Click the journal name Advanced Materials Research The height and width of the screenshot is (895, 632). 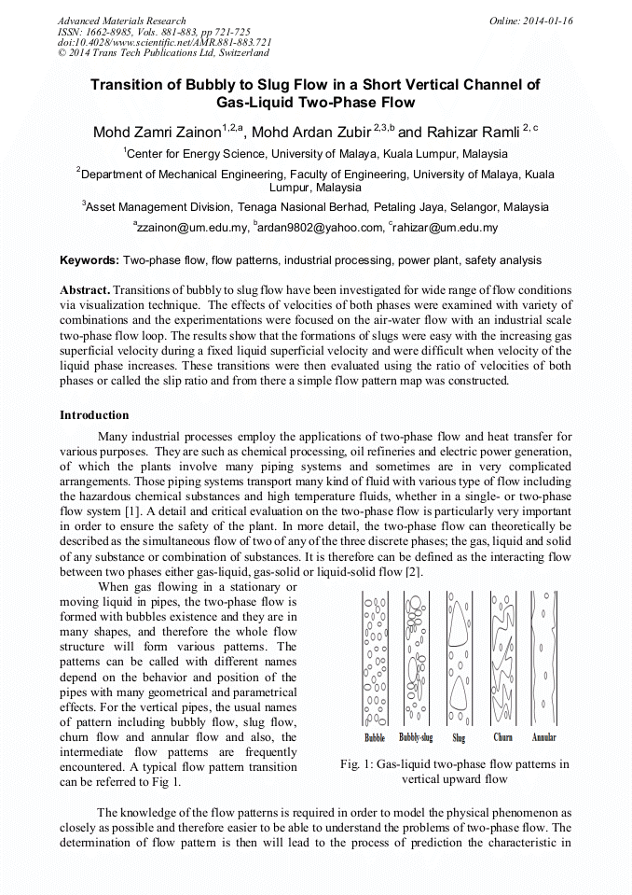(x=121, y=21)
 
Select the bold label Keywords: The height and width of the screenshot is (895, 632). (x=89, y=260)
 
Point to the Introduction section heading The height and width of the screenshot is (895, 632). (x=94, y=414)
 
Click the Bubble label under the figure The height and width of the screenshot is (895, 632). (x=375, y=737)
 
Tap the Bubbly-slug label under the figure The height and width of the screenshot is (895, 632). (x=416, y=737)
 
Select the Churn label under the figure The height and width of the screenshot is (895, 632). (x=502, y=737)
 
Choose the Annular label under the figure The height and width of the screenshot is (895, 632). (x=543, y=737)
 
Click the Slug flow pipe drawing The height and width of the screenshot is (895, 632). (x=459, y=658)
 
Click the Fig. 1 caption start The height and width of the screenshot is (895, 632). (x=357, y=763)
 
